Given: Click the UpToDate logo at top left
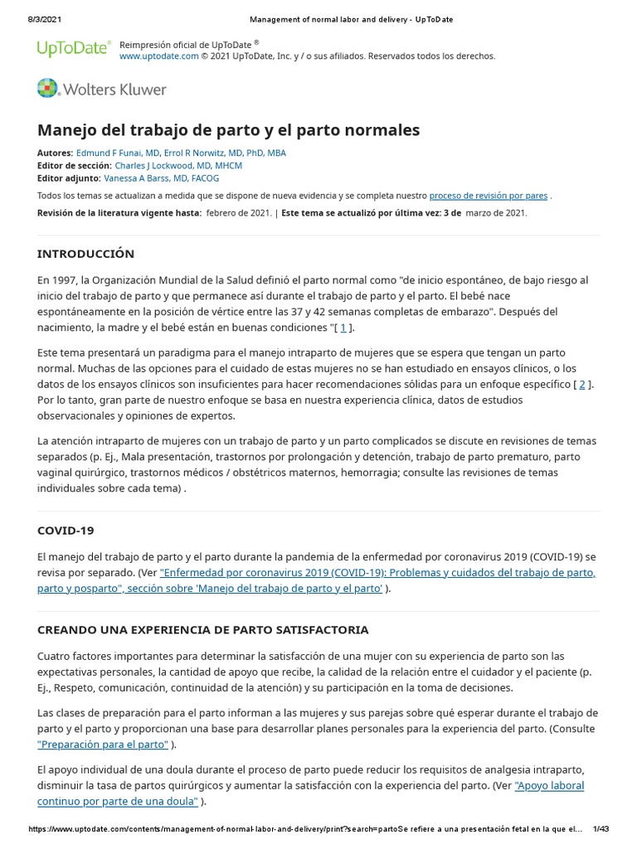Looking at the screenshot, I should coord(73,49).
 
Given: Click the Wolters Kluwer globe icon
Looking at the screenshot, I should coord(48,89).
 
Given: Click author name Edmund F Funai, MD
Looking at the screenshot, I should coord(117,153).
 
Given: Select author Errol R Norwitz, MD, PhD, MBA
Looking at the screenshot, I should coord(225,153).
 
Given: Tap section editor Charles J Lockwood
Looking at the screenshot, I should coord(178,166).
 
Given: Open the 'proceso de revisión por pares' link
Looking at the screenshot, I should coord(489,196).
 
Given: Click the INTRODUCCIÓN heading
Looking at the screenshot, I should coord(85,254).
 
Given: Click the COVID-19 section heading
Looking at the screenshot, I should coord(66,530).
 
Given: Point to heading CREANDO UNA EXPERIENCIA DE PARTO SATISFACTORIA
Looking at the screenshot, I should coord(203,630).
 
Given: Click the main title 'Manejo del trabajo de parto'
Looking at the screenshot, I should coord(228,130).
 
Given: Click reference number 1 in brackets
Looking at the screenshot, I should coord(343,327).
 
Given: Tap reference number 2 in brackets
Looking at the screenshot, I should coord(582,384).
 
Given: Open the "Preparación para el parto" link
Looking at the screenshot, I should coord(103,745).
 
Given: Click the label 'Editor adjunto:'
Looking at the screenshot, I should coord(69,178).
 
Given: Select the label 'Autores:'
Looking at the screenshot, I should coord(55,153).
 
